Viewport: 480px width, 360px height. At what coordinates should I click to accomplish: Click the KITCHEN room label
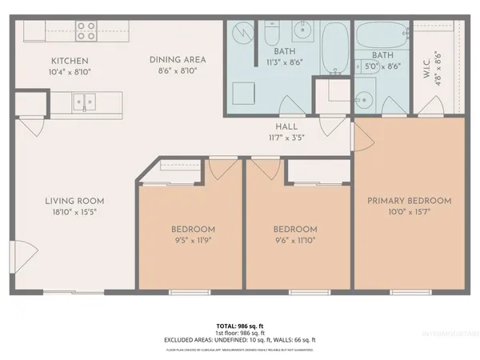(70, 61)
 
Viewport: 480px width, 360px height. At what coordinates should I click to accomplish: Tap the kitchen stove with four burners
(86, 31)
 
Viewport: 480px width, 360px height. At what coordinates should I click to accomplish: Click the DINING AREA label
(178, 59)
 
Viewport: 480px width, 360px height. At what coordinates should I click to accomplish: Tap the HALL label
(286, 126)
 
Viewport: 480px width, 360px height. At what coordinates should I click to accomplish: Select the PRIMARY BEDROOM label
(409, 201)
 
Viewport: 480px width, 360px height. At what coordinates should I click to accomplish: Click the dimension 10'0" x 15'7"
(409, 212)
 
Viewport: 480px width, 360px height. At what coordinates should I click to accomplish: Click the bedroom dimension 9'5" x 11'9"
(193, 238)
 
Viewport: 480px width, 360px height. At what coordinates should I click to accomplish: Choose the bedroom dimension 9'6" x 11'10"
(295, 238)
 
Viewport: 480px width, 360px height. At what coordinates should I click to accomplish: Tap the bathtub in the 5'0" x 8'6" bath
(381, 35)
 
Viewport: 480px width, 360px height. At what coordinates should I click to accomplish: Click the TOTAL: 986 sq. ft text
(239, 326)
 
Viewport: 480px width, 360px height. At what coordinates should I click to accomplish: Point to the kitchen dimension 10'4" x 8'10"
(70, 71)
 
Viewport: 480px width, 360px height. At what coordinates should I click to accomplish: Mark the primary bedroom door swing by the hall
(360, 138)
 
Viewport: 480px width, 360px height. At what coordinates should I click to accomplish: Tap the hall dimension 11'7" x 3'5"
(286, 137)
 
